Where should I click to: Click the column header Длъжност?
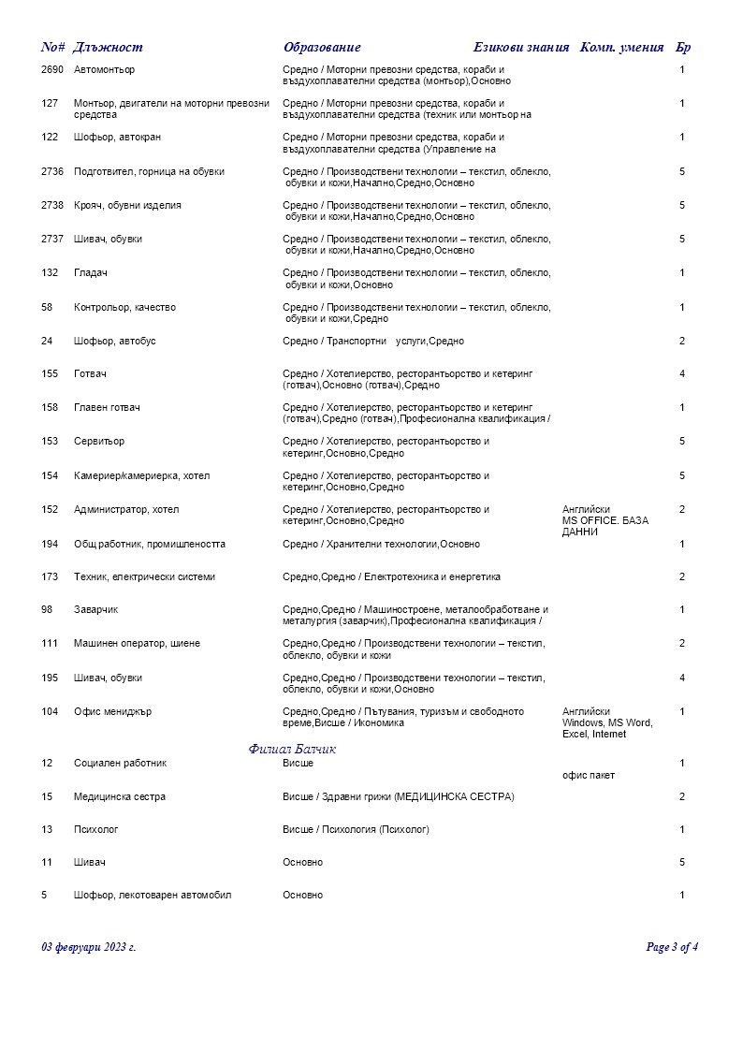click(108, 48)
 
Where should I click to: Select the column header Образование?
click(322, 48)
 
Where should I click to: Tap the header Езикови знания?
click(521, 48)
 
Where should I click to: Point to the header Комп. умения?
click(622, 48)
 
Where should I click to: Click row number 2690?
click(53, 70)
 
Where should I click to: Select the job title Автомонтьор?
click(104, 70)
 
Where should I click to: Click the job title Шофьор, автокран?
click(117, 138)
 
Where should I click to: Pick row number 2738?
click(53, 206)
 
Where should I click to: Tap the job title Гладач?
click(91, 273)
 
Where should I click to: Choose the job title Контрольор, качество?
click(124, 308)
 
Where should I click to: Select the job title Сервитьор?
click(99, 442)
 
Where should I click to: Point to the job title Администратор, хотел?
click(126, 510)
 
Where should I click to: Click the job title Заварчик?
click(95, 610)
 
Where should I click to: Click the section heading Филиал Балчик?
click(293, 750)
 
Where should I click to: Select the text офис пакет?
click(589, 776)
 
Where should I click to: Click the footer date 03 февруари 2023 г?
click(89, 947)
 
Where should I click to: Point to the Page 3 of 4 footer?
click(672, 947)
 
